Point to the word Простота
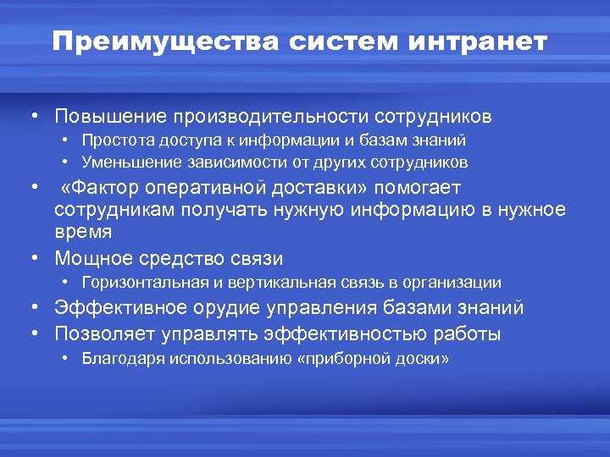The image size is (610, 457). coord(113,140)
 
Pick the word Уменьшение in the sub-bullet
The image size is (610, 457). coord(126,161)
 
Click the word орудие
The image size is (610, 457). coord(230,308)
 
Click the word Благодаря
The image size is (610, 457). coord(123,359)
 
